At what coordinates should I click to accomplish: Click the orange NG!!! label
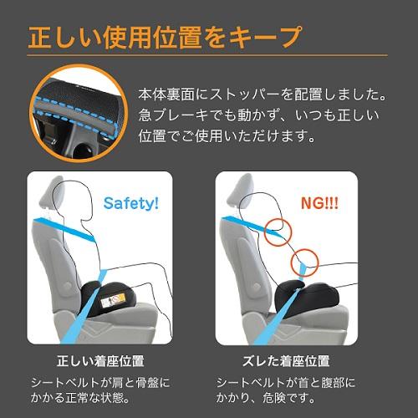point(319,202)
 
